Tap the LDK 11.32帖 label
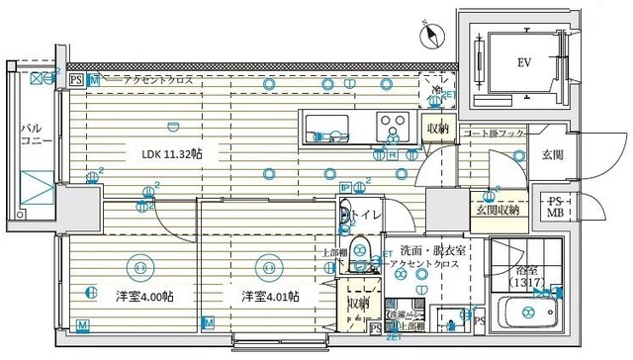(172, 155)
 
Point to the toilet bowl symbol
(360, 247)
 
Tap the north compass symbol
(427, 37)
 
